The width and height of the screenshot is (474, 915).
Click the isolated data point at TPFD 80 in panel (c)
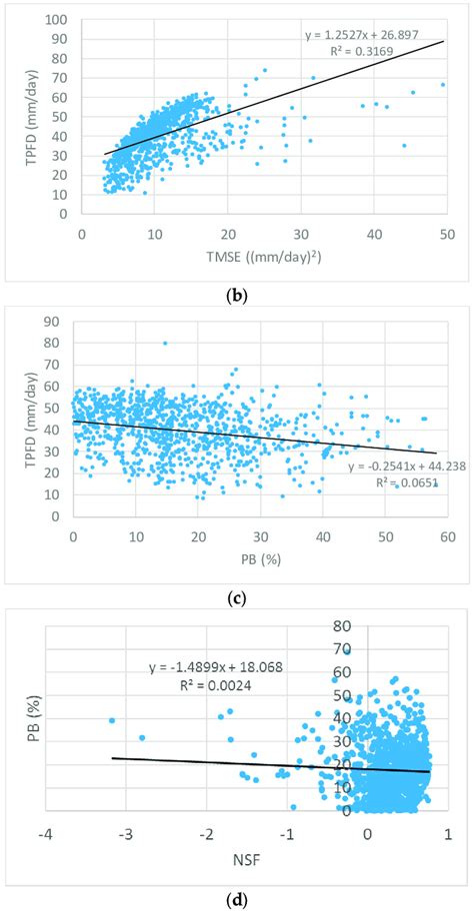[165, 344]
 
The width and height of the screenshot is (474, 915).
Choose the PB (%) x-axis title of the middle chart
[259, 561]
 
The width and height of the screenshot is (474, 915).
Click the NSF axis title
[246, 861]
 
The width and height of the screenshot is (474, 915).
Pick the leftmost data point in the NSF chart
[112, 720]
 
